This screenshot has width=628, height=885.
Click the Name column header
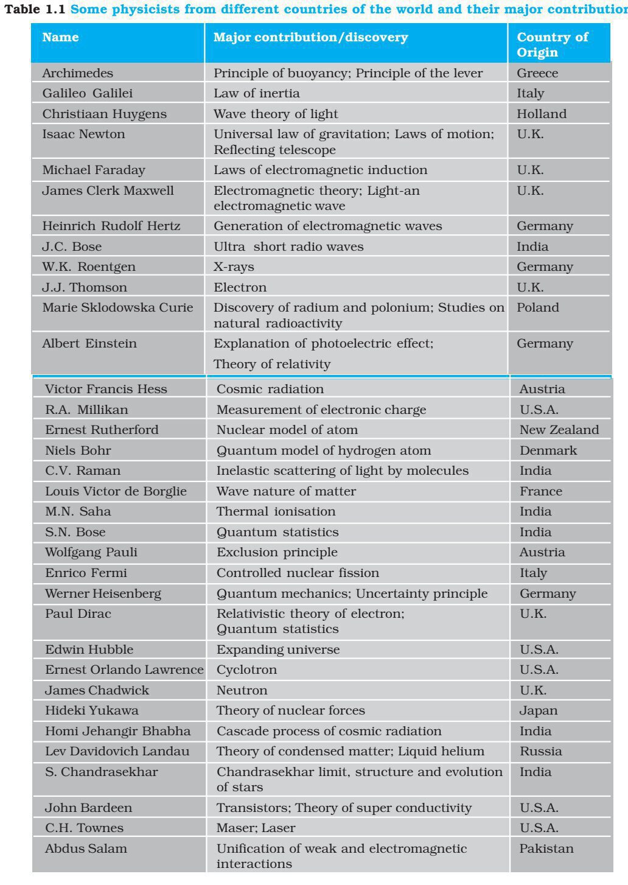[x=60, y=37]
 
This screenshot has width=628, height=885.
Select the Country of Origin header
[x=552, y=44]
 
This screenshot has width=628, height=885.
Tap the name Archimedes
[x=77, y=73]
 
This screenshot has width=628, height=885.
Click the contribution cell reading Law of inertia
[x=256, y=93]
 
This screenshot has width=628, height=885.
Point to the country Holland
[x=541, y=114]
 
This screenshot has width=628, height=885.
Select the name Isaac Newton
[x=83, y=134]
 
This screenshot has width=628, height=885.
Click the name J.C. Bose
[x=72, y=247]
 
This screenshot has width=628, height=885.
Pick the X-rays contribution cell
[x=234, y=267]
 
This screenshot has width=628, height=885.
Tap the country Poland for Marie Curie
[x=537, y=307]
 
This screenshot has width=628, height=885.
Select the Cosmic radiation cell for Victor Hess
[x=270, y=389]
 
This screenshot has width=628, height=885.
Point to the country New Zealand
[x=559, y=430]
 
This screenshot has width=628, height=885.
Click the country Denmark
[x=548, y=450]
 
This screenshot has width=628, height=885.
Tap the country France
[x=540, y=491]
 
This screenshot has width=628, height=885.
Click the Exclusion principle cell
[x=277, y=552]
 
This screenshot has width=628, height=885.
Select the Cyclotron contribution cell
[x=246, y=670]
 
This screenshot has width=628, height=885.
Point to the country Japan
[x=538, y=710]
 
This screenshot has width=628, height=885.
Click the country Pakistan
[x=546, y=848]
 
